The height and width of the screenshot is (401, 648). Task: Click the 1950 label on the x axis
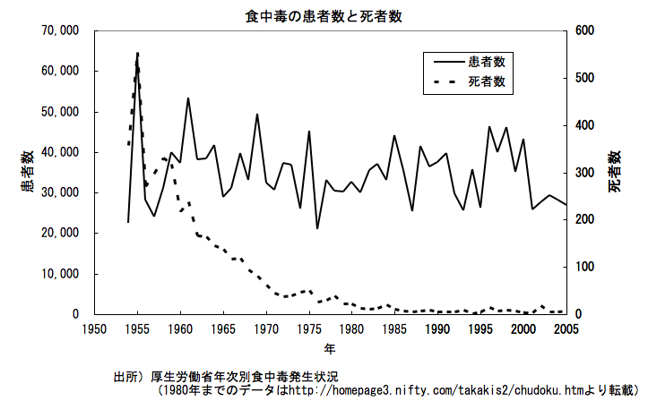coord(94,329)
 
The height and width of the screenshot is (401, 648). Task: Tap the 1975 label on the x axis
coord(309,329)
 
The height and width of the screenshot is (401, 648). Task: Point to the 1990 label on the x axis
coord(438,329)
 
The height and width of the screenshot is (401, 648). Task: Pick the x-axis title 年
coord(330,347)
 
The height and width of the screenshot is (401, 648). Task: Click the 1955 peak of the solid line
coord(137,54)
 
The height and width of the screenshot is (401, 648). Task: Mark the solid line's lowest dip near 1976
coord(317,228)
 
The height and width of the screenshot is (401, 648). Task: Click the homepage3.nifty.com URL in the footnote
coord(376,391)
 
